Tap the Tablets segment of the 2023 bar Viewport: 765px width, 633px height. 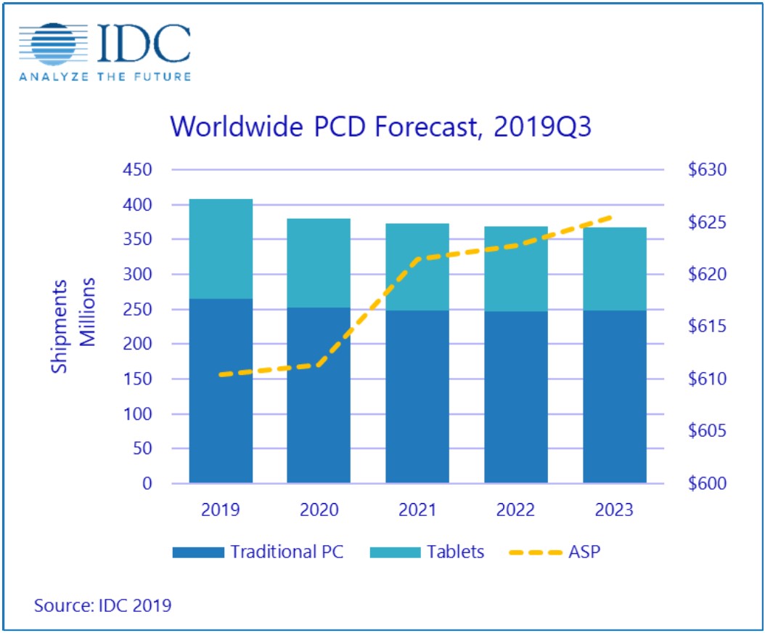click(614, 269)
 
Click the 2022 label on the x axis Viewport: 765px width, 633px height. click(516, 509)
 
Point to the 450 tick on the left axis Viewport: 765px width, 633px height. click(136, 170)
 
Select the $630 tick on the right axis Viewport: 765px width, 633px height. click(706, 170)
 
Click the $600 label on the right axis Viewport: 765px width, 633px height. click(706, 483)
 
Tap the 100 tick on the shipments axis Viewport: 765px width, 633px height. click(136, 414)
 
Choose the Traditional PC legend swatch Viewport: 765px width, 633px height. click(197, 552)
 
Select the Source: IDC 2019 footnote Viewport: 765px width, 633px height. click(102, 605)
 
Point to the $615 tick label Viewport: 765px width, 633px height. click(706, 326)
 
